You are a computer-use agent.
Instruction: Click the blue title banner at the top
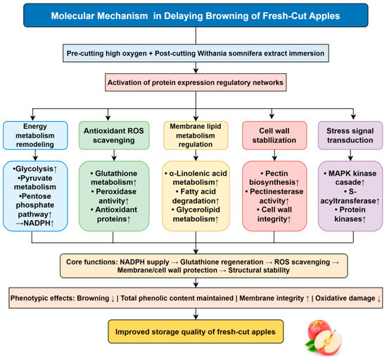(196, 15)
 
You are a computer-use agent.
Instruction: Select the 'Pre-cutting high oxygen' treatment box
(196, 53)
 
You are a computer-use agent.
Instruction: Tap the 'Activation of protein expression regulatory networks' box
(196, 82)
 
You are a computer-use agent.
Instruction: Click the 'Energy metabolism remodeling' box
(35, 136)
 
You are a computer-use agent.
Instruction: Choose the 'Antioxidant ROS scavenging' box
(114, 136)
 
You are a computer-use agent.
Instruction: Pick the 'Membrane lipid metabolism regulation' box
(196, 136)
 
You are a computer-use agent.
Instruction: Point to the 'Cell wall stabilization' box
(274, 136)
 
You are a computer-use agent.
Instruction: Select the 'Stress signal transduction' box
(350, 136)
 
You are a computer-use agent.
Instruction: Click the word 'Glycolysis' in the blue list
(34, 169)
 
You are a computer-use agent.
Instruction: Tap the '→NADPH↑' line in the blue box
(34, 223)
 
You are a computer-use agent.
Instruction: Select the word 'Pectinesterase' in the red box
(277, 191)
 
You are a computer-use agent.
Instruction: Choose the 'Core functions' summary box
(203, 266)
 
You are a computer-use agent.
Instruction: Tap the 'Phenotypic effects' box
(196, 298)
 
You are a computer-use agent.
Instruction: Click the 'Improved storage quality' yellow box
(196, 332)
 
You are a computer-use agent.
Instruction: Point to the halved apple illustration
(328, 342)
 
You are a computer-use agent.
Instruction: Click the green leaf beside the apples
(310, 345)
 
